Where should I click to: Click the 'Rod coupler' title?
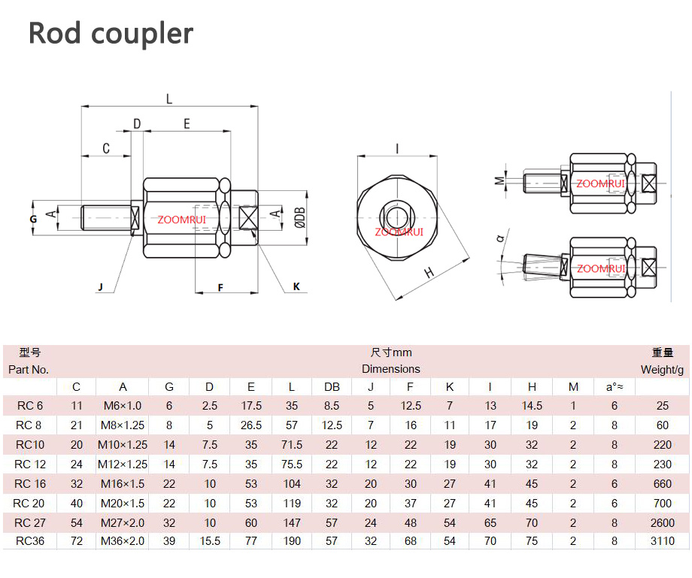[x=111, y=34]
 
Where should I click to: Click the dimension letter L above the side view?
[x=169, y=98]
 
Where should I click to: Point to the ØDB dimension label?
[x=300, y=218]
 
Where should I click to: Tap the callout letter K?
[x=296, y=286]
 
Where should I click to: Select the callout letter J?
[x=101, y=287]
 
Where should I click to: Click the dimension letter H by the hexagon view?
[x=429, y=273]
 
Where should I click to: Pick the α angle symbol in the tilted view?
[x=500, y=238]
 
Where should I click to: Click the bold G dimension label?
[x=34, y=219]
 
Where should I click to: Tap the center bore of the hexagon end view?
[x=396, y=217]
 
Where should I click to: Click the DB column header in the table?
[x=332, y=386]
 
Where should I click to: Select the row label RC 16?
[x=30, y=483]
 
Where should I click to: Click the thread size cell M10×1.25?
[x=123, y=445]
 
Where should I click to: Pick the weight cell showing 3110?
[x=663, y=541]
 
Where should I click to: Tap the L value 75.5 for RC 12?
[x=292, y=465]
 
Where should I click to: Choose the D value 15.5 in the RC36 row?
[x=210, y=541]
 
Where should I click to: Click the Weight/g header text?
[x=662, y=370]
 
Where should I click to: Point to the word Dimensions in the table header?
[x=391, y=369]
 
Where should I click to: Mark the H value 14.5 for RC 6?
[x=532, y=406]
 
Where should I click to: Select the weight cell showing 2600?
[x=663, y=523]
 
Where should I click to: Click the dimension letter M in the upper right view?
[x=499, y=180]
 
